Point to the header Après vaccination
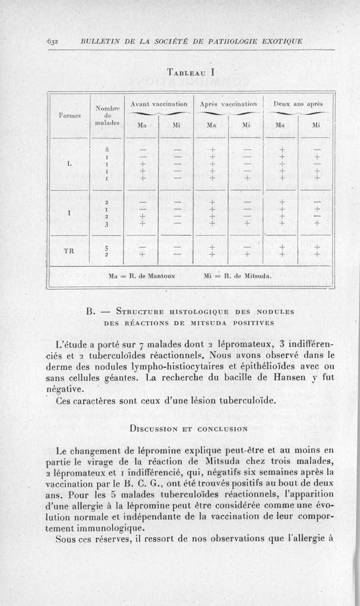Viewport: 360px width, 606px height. pyautogui.click(x=229, y=103)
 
